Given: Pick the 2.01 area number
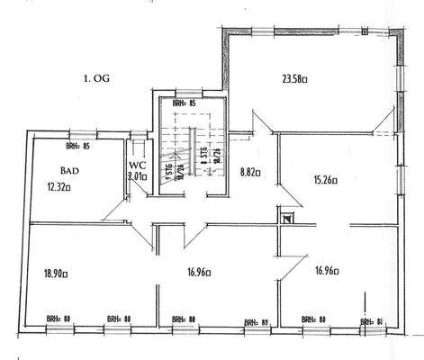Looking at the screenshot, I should pos(136,178).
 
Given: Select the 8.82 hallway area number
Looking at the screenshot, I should pos(249,170).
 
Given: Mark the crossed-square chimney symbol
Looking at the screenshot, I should pos(287,217).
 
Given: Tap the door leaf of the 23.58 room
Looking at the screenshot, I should pos(258,121).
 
